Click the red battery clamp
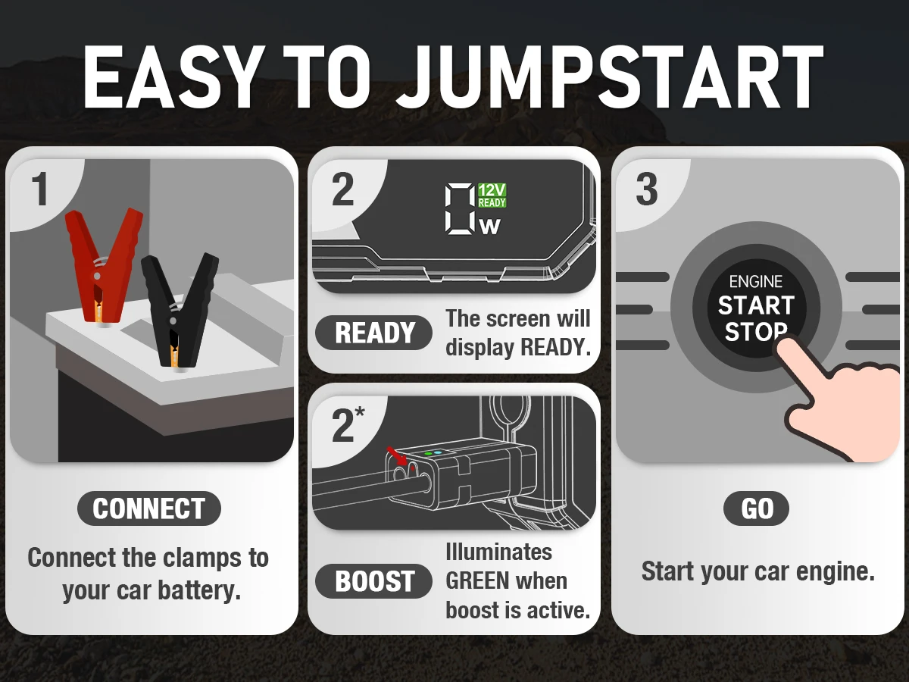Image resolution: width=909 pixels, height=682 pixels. [x=102, y=258]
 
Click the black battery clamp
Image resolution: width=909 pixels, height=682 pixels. [x=178, y=303]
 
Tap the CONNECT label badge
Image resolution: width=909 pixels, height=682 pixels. [x=148, y=508]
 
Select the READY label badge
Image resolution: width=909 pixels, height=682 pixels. [x=373, y=333]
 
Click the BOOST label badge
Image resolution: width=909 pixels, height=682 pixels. [x=373, y=581]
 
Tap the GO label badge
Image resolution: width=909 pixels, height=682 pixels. [x=756, y=508]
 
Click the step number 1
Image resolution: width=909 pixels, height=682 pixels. [x=39, y=189]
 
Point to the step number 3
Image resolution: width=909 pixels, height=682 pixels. [x=646, y=189]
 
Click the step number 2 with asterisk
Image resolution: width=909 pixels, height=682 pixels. [x=347, y=426]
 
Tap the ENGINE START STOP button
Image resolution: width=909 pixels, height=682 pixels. [x=755, y=307]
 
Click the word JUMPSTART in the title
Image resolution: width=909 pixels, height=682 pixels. [x=609, y=77]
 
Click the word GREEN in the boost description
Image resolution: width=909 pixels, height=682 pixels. [x=477, y=581]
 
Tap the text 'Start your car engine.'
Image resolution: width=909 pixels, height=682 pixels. [x=757, y=571]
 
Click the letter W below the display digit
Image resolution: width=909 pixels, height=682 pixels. [x=491, y=226]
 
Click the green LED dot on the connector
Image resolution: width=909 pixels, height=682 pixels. [x=428, y=453]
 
